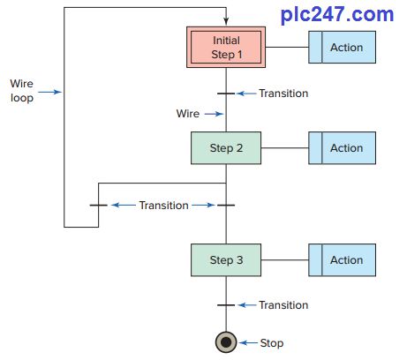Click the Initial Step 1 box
point(226,48)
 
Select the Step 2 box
point(226,148)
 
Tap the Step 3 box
point(226,260)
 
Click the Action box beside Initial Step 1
point(342,48)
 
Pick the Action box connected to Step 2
point(342,148)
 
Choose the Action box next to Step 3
point(342,260)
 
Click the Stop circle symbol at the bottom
point(226,342)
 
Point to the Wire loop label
point(21,91)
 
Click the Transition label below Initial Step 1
point(283,93)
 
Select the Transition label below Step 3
point(283,305)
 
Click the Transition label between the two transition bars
point(163,205)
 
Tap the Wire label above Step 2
point(187,113)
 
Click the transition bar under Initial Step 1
point(226,93)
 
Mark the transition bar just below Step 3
point(226,305)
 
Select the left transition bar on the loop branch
point(98,205)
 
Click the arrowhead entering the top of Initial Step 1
point(226,22)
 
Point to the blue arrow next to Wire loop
point(51,91)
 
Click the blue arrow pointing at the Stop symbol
point(249,342)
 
